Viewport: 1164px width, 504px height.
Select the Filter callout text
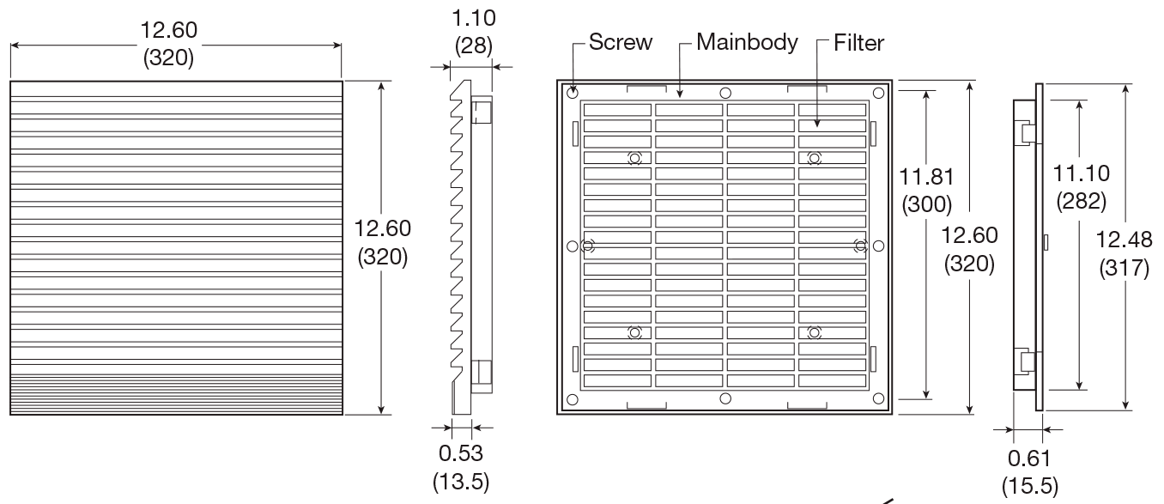858,43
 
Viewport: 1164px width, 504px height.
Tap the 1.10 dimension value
474,18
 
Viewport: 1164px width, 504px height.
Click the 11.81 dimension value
925,177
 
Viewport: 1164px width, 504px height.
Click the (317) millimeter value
1125,269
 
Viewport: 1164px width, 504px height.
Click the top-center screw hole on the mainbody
725,93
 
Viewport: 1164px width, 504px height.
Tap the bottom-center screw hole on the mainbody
725,398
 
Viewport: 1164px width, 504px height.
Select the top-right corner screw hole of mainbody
877,93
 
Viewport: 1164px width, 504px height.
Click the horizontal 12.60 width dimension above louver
168,30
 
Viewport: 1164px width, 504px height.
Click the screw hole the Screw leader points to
573,93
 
